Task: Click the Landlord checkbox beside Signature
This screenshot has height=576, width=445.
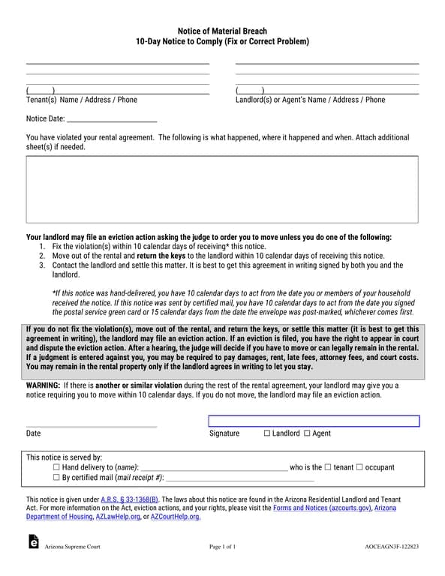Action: tap(268, 433)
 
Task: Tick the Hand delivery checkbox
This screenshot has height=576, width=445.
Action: tap(57, 467)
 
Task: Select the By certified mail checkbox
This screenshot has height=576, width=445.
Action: tap(57, 477)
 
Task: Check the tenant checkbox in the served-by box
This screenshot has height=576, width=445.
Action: tap(328, 467)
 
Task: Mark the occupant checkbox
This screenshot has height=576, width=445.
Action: tap(359, 467)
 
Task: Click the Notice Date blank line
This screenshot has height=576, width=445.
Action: tap(112, 118)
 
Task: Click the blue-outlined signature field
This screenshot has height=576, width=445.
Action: tap(313, 421)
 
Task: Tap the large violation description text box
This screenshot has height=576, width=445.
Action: tap(222, 190)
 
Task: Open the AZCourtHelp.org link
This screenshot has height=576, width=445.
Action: tap(176, 517)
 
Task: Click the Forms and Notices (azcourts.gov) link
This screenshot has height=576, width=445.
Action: tap(322, 508)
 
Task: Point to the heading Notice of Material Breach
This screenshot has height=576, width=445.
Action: tap(222, 31)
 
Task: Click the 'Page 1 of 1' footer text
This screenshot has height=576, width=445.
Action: tap(222, 547)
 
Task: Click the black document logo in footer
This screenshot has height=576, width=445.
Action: tap(33, 543)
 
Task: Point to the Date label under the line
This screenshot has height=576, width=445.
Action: tap(34, 433)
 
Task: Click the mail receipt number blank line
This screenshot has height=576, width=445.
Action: tap(239, 478)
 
